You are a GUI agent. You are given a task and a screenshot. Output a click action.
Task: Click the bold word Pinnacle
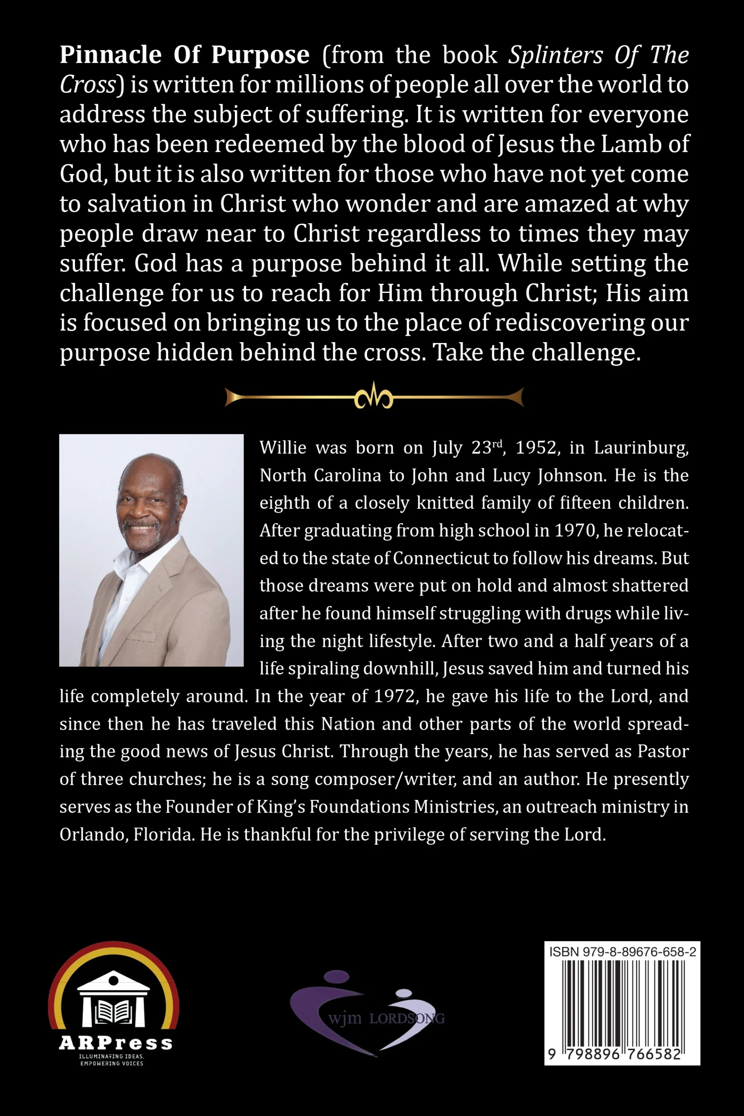(x=111, y=55)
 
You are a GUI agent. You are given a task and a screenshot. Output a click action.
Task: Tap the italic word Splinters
(x=556, y=55)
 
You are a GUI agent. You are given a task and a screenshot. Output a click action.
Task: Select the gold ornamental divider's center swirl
(x=374, y=396)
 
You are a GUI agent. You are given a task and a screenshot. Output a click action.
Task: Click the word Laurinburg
(x=641, y=448)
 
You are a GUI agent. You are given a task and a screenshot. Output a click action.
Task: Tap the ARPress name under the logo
(x=116, y=1043)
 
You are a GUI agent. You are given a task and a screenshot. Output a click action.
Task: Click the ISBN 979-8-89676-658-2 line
(x=622, y=952)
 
